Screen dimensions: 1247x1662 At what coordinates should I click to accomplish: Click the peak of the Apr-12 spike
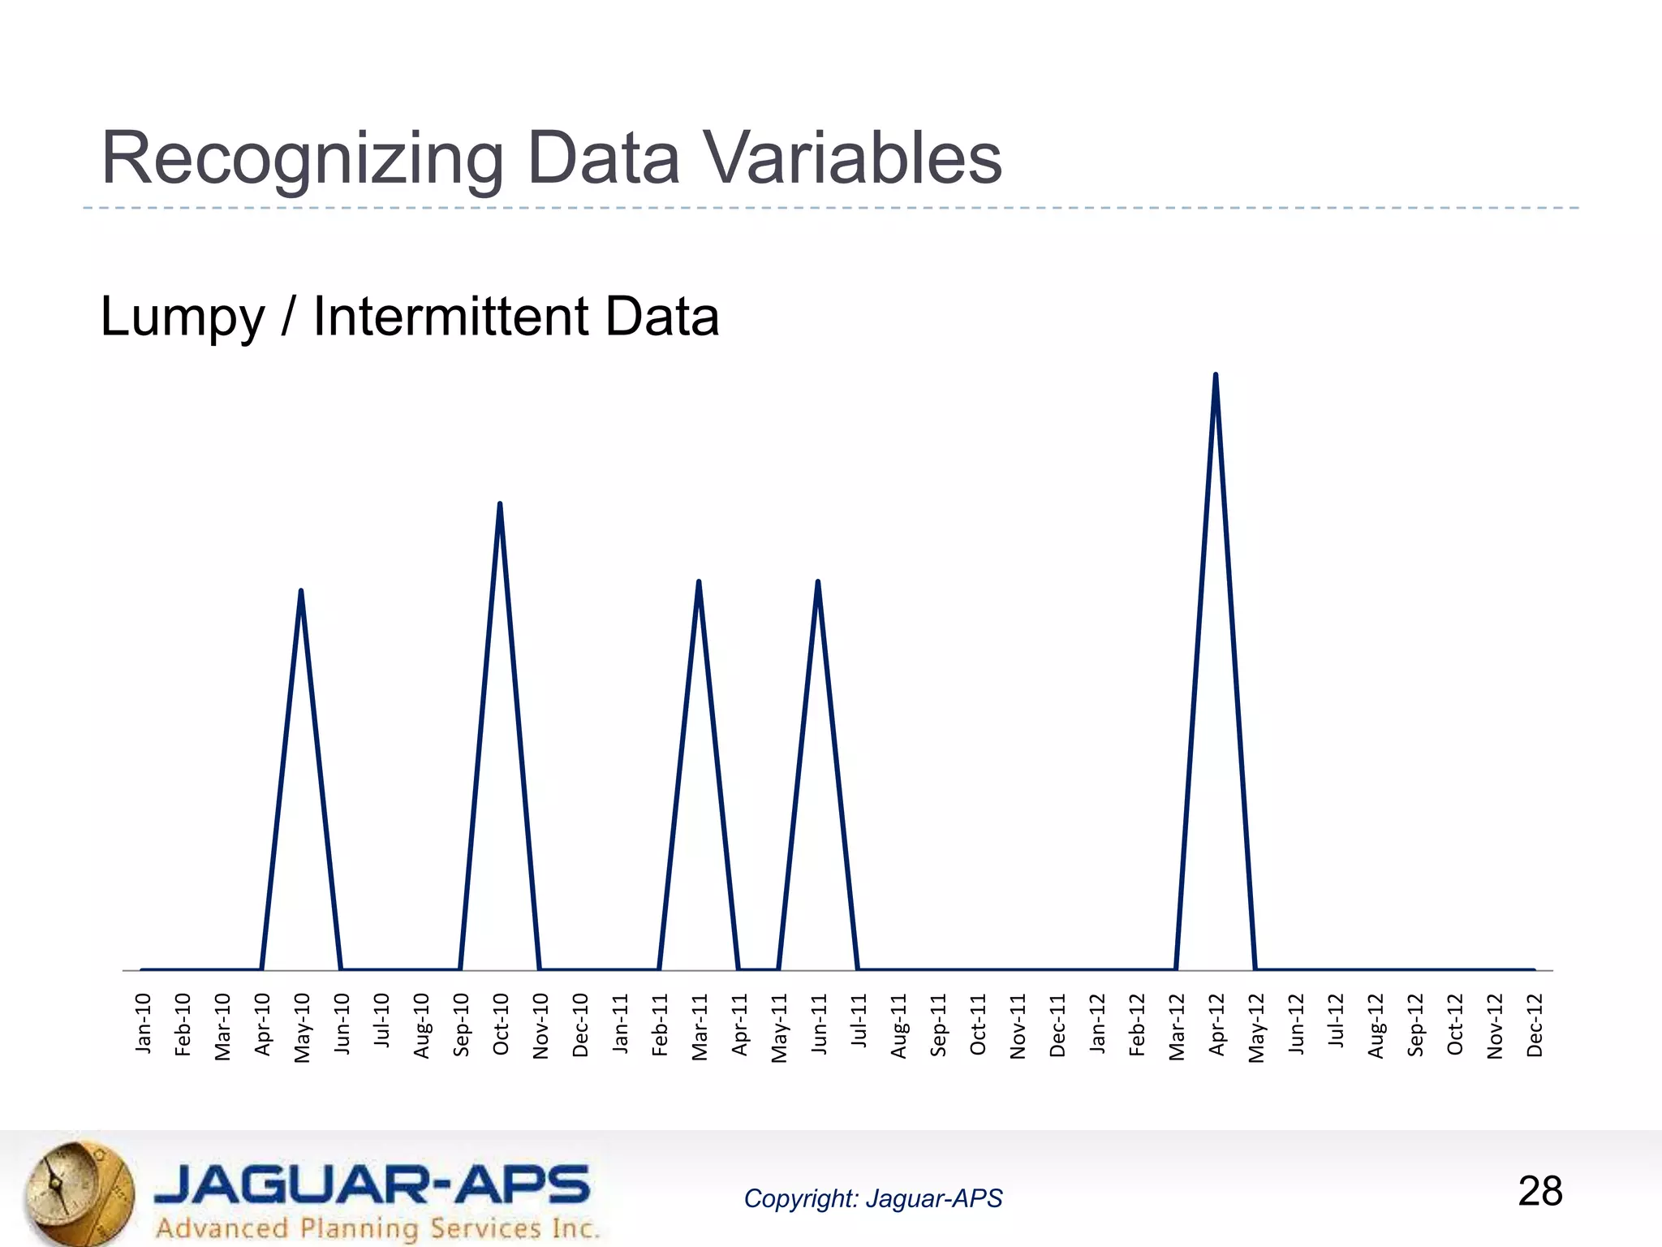coord(1215,375)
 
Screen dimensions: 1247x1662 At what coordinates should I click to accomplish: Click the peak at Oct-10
coord(500,504)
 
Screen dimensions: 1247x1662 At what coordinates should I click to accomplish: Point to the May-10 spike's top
coord(301,591)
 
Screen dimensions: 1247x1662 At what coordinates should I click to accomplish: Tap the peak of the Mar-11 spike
coord(699,582)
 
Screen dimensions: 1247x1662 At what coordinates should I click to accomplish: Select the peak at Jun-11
coord(818,582)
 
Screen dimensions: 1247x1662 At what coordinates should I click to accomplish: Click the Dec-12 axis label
coord(1535,1025)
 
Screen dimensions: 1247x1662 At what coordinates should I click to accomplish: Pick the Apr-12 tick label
coord(1216,1025)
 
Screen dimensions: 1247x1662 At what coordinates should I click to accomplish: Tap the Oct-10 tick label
coord(501,1024)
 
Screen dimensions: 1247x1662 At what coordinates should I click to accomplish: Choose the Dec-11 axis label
coord(1057,1025)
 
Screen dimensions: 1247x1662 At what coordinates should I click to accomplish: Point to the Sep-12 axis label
coord(1415,1025)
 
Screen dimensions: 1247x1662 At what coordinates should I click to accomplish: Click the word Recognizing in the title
coord(302,160)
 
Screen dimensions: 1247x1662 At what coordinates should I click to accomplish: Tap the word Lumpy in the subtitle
coord(183,317)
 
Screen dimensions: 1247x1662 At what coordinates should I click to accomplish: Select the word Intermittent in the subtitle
coord(450,317)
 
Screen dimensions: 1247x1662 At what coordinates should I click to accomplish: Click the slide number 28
coord(1539,1192)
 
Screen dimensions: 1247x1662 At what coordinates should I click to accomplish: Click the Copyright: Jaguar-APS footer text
coord(872,1198)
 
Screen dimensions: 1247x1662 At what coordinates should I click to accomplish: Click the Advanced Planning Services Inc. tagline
coord(377,1228)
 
